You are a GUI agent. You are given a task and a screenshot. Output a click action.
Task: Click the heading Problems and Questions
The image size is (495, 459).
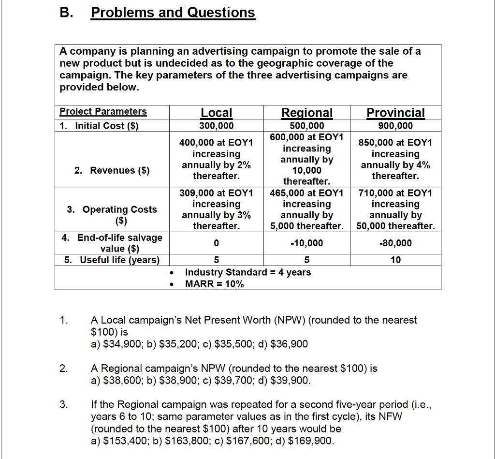tap(173, 13)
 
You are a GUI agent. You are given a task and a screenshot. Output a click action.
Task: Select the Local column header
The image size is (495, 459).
tap(216, 113)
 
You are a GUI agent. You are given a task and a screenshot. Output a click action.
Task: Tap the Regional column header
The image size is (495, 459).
tap(307, 113)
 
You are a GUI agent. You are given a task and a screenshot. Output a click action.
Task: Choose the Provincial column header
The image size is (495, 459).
tap(395, 113)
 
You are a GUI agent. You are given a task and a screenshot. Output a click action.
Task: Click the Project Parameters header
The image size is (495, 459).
tap(103, 112)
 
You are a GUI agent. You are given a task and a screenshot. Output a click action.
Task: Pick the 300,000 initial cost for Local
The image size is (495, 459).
tap(216, 126)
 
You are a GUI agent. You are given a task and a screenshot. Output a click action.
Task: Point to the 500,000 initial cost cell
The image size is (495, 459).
tap(307, 126)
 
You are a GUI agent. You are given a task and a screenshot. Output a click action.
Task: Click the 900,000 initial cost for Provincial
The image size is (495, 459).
tap(395, 126)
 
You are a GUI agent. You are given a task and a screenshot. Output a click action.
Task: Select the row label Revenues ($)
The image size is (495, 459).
tap(112, 170)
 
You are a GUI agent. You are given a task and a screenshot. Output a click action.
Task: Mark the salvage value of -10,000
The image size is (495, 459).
tap(307, 243)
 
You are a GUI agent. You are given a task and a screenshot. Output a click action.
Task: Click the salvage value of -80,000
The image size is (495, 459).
tap(395, 243)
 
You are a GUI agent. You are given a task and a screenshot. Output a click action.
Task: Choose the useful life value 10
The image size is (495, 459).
tap(395, 260)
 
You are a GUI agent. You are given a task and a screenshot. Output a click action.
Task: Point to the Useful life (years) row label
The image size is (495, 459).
tap(112, 260)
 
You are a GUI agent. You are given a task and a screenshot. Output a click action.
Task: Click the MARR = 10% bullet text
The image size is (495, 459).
tap(214, 284)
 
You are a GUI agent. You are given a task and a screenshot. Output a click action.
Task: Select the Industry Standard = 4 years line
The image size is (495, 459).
tap(248, 272)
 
